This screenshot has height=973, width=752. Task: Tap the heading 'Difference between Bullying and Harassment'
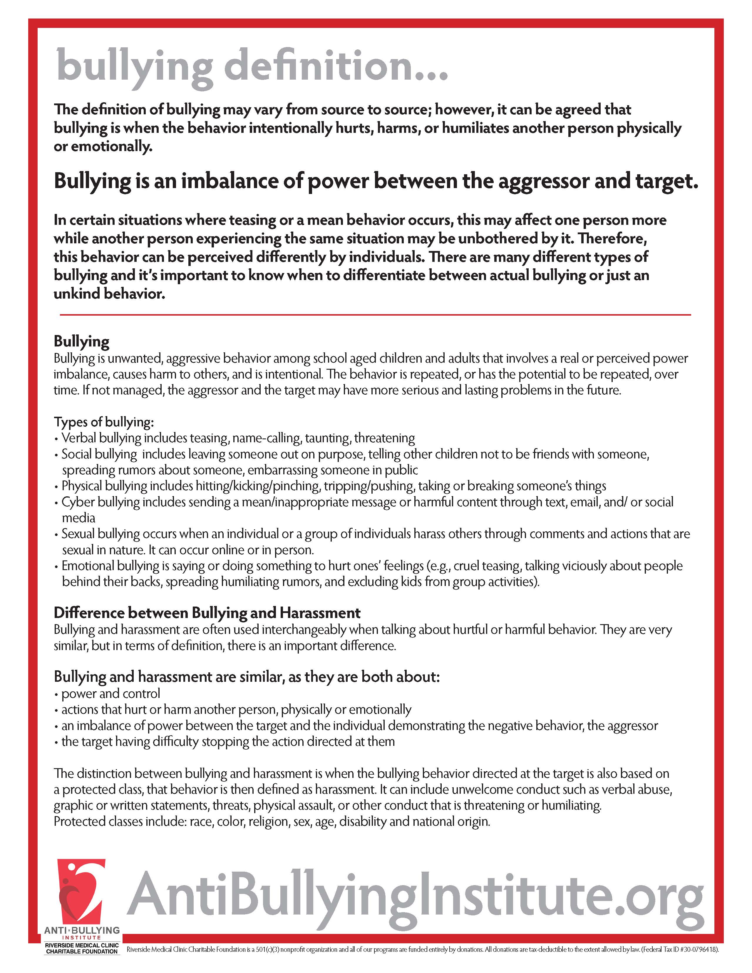[x=207, y=613]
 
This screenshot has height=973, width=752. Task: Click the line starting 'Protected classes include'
[x=272, y=822]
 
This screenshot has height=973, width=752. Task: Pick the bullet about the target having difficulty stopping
[x=228, y=742]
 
